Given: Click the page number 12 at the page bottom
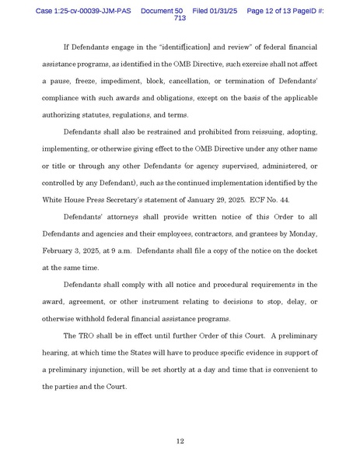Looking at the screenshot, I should coord(180,441).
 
